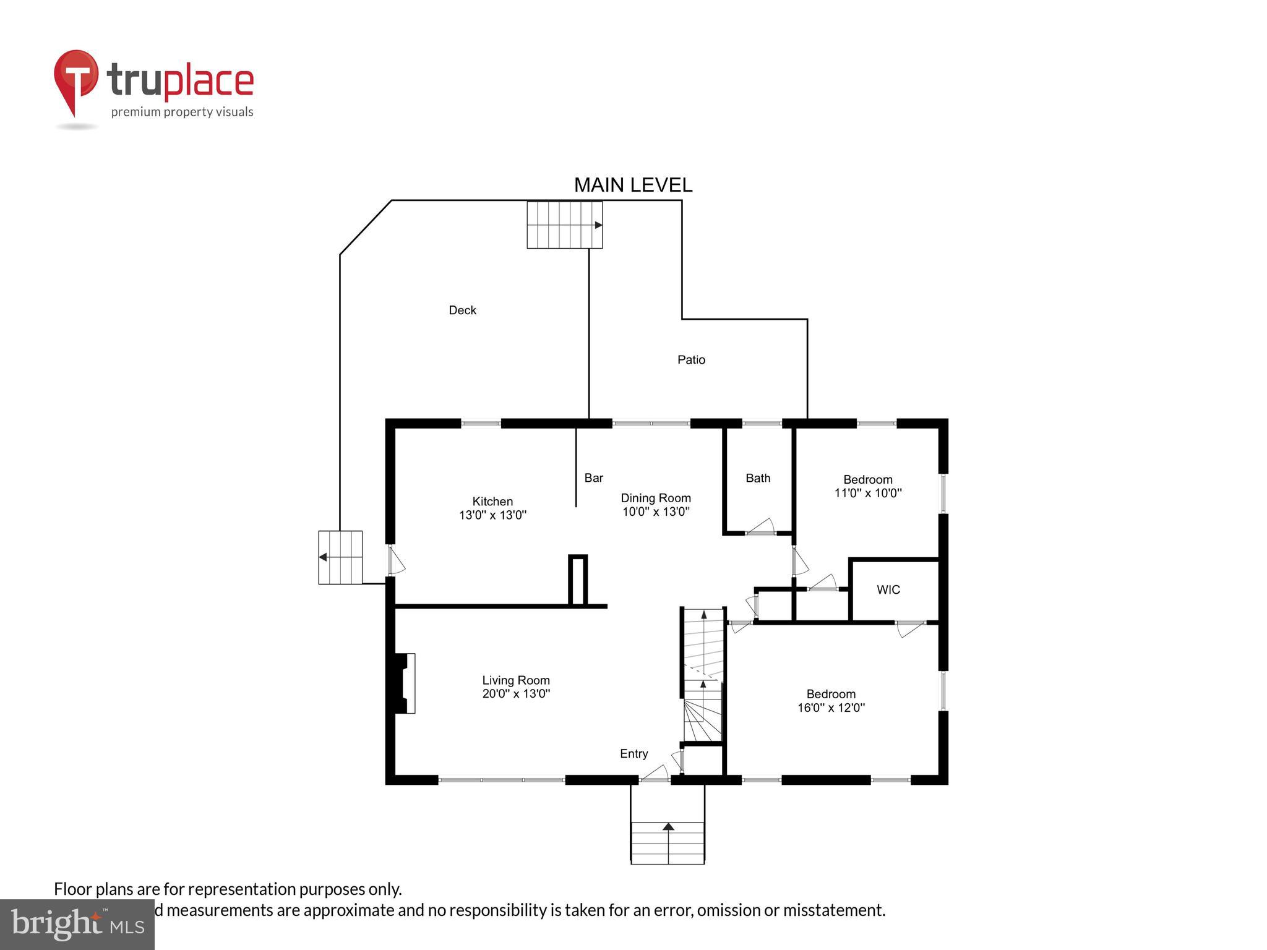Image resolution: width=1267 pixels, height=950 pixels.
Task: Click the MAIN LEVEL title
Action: click(x=633, y=185)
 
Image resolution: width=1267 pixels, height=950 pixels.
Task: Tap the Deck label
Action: click(x=462, y=310)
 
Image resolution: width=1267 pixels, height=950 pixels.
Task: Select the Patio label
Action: click(x=691, y=360)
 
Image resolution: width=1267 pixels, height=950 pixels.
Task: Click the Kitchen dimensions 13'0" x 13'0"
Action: click(x=492, y=515)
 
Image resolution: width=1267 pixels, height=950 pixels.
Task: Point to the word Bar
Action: click(x=593, y=478)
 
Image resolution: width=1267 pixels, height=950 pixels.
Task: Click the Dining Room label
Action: click(x=656, y=498)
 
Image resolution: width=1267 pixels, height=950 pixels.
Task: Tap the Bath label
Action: click(x=758, y=478)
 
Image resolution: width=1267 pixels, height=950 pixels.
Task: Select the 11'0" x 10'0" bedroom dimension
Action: click(x=868, y=494)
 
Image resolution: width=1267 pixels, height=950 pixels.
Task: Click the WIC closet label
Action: click(x=888, y=590)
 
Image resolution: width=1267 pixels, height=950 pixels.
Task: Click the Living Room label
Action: click(x=516, y=680)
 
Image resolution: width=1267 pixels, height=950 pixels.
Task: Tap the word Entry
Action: click(x=634, y=754)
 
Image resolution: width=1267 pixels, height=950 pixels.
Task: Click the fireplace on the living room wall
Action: click(x=405, y=683)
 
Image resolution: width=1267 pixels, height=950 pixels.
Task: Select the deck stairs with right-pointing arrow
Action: click(x=564, y=225)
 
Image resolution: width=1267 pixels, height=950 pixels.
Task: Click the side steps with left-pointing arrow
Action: click(x=340, y=557)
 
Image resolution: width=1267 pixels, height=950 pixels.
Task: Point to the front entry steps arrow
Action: click(x=668, y=826)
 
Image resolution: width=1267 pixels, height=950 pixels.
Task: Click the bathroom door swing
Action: click(x=762, y=527)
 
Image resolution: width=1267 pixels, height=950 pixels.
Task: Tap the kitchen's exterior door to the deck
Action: click(x=395, y=561)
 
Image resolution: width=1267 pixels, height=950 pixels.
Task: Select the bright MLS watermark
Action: click(x=77, y=925)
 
